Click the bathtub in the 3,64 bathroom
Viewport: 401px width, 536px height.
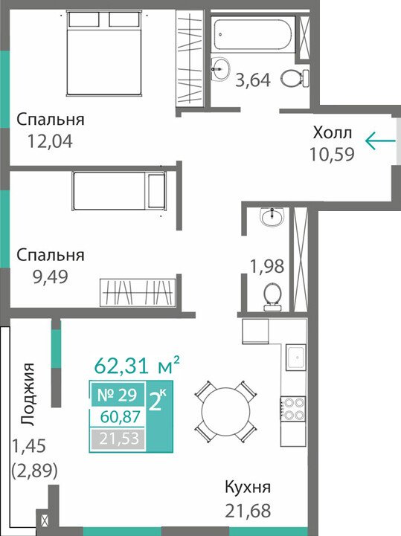tap(253, 34)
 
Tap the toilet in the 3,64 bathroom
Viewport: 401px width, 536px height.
tap(295, 78)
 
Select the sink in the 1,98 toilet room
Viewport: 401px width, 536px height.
tap(272, 216)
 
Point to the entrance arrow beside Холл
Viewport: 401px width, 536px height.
tap(380, 141)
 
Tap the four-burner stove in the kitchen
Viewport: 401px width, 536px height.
tap(293, 410)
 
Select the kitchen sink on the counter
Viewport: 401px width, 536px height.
tap(295, 358)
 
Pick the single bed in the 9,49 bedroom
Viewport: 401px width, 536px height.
tap(119, 191)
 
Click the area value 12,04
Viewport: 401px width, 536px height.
tap(50, 141)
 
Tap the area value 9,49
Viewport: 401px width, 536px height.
tap(50, 277)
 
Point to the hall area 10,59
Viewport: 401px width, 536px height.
tap(332, 154)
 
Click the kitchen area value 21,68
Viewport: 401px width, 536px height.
tap(248, 511)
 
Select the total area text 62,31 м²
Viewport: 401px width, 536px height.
tap(137, 365)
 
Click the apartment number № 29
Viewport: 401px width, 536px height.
tap(117, 395)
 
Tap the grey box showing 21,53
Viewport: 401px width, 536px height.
tap(118, 439)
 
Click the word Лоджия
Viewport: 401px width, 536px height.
tap(27, 394)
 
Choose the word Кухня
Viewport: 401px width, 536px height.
tap(248, 487)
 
